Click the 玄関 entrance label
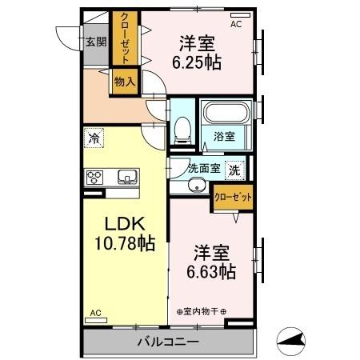(95, 42)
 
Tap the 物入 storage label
(124, 82)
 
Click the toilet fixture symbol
(182, 127)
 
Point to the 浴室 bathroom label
(224, 137)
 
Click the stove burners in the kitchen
(95, 177)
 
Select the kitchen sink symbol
(126, 177)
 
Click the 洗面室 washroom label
(202, 169)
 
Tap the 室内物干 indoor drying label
(202, 311)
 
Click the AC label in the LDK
(95, 313)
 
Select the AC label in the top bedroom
(237, 25)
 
